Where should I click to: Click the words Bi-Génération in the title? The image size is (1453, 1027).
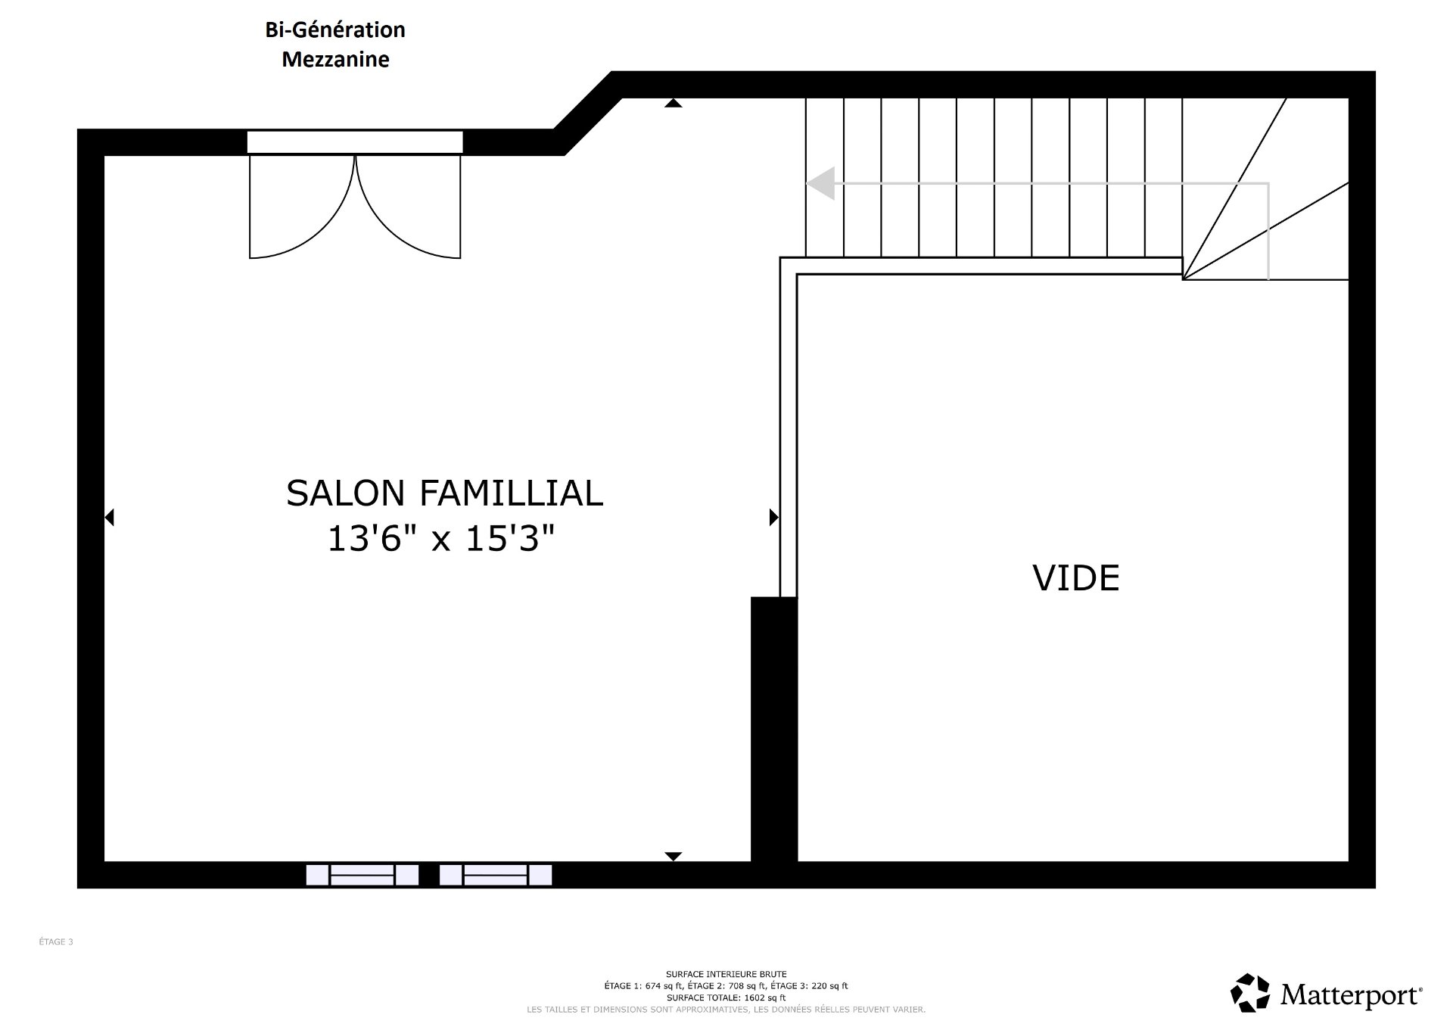(x=335, y=30)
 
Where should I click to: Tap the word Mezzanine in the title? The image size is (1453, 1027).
(x=335, y=59)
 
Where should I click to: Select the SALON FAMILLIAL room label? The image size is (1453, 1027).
(x=444, y=493)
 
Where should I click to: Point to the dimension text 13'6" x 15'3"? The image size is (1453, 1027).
(x=441, y=539)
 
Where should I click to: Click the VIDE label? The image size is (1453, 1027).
(x=1075, y=578)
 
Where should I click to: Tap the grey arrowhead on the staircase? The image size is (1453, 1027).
(x=820, y=183)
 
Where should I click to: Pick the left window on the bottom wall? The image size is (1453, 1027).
(x=362, y=875)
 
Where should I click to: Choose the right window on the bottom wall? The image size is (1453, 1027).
(x=496, y=875)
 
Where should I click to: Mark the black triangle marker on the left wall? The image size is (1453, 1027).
(x=109, y=518)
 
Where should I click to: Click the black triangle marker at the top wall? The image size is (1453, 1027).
(x=674, y=103)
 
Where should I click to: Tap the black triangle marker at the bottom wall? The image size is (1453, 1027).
(x=674, y=857)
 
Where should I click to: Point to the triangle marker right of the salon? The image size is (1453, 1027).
(x=773, y=518)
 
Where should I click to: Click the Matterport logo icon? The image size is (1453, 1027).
(x=1250, y=993)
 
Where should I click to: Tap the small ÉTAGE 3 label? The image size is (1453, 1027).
(x=56, y=942)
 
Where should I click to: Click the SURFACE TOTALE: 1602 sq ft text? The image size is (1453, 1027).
(x=726, y=998)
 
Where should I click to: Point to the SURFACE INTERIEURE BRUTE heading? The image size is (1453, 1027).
(x=726, y=974)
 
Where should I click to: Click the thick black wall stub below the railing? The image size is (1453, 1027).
(x=774, y=729)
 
